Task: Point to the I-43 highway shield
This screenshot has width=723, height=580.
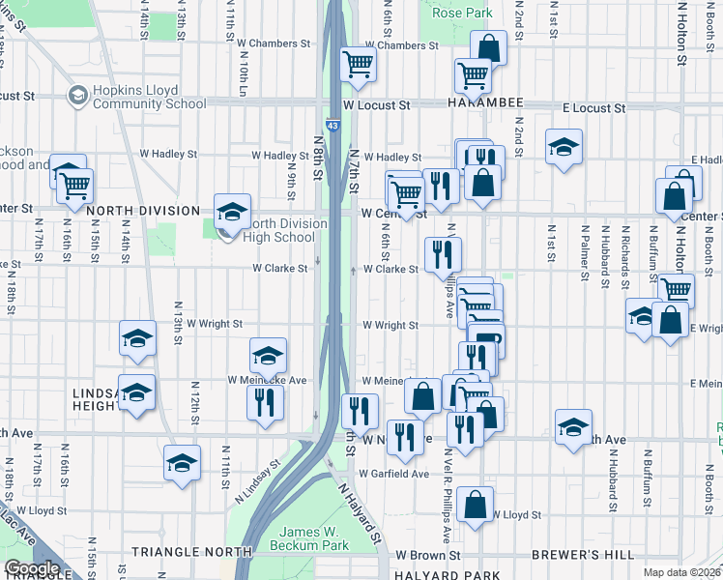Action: click(333, 126)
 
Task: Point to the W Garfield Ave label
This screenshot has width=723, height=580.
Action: click(393, 474)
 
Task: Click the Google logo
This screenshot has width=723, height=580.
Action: click(32, 568)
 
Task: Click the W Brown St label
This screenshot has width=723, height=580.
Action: click(428, 556)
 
